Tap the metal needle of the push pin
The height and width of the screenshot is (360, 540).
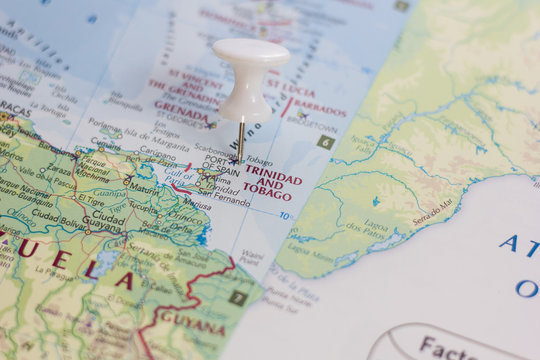pyautogui.click(x=240, y=140)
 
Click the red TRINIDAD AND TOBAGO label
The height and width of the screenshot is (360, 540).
pyautogui.click(x=272, y=182)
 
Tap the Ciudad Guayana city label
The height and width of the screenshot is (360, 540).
pyautogui.click(x=108, y=221)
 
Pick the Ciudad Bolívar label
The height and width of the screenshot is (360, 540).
pyautogui.click(x=59, y=213)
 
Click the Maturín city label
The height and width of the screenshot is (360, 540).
pyautogui.click(x=144, y=188)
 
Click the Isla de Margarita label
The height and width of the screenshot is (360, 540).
pyautogui.click(x=154, y=145)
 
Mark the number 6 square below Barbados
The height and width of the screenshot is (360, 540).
pyautogui.click(x=325, y=142)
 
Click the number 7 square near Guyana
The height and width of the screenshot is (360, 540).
pyautogui.click(x=237, y=297)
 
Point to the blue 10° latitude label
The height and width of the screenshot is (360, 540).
pyautogui.click(x=285, y=216)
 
